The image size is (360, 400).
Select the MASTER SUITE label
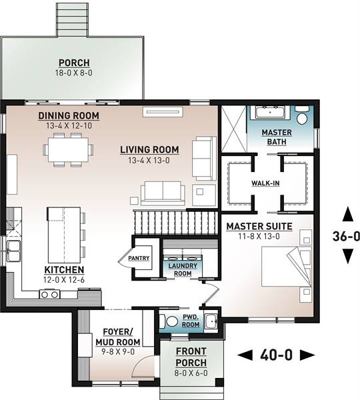coord(260,227)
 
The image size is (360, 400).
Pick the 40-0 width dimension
coord(276,355)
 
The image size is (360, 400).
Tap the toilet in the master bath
coord(302,117)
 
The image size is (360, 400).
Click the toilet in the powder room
coord(171,321)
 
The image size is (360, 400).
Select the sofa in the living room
coord(162,192)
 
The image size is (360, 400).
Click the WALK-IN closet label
coord(265,183)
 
